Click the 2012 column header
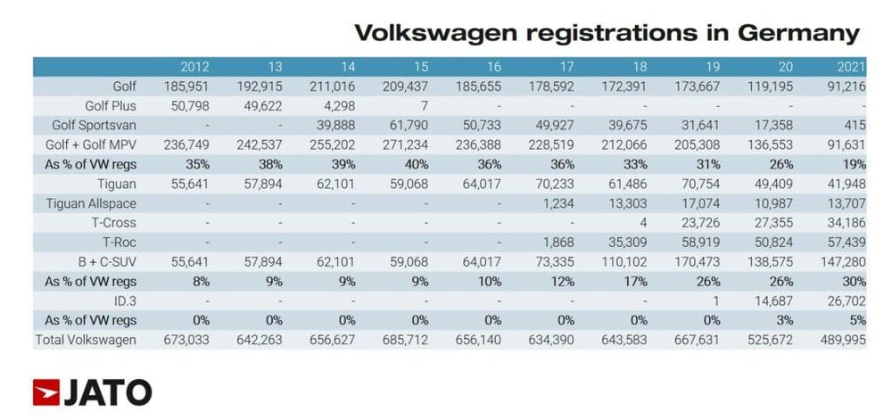pyautogui.click(x=194, y=67)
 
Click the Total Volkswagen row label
pyautogui.click(x=86, y=340)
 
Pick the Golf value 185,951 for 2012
pyautogui.click(x=187, y=86)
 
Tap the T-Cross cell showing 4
pyautogui.click(x=641, y=223)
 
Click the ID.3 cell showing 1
pyautogui.click(x=714, y=301)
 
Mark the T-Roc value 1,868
pyautogui.click(x=553, y=243)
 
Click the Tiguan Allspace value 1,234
pyautogui.click(x=553, y=203)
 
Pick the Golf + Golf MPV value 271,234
pyautogui.click(x=406, y=145)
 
